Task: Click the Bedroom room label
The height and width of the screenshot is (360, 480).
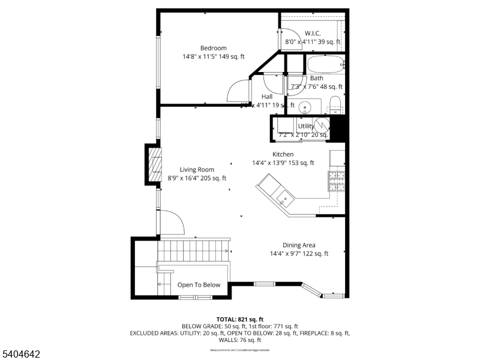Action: pyautogui.click(x=213, y=48)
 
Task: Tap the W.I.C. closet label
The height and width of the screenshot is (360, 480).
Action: pyautogui.click(x=313, y=33)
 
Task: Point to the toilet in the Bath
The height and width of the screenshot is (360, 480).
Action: pyautogui.click(x=336, y=105)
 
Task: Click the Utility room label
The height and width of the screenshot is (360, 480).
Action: pyautogui.click(x=305, y=126)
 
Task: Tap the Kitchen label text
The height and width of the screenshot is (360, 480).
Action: pyautogui.click(x=283, y=154)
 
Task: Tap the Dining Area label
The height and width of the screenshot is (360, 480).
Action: pyautogui.click(x=299, y=245)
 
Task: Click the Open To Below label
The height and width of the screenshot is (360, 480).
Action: pyautogui.click(x=199, y=285)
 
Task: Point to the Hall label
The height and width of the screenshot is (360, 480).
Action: pyautogui.click(x=267, y=97)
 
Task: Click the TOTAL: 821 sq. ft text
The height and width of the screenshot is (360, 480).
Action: pyautogui.click(x=240, y=319)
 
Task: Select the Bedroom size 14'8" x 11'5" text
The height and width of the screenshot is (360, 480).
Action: pyautogui.click(x=214, y=57)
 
